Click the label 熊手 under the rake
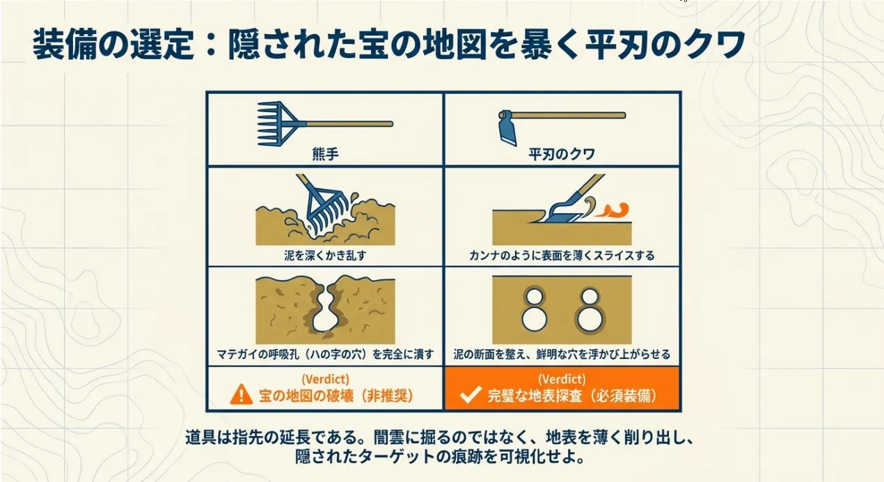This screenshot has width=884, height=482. point(325,154)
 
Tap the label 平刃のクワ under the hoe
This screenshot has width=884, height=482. point(562,154)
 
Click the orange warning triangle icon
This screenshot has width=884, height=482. point(241,394)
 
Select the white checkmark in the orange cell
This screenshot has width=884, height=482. point(471,394)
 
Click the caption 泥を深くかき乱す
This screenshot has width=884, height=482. point(325,256)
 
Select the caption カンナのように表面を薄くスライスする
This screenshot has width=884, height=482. point(562,256)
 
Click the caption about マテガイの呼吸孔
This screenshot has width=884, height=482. point(325,354)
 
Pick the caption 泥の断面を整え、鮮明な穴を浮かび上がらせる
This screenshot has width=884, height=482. point(562,354)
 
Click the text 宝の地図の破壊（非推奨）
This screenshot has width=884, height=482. point(336,396)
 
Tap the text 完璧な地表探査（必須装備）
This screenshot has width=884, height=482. point(573,396)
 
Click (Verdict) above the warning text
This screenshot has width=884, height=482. point(325,380)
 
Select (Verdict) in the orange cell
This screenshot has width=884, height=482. point(562,380)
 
